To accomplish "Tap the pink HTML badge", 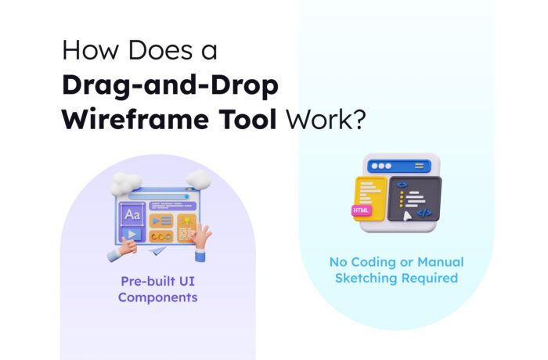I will click(x=362, y=211).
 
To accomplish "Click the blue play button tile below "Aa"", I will click(x=131, y=234).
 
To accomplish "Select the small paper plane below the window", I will click(x=158, y=252).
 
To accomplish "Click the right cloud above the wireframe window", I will click(x=197, y=180).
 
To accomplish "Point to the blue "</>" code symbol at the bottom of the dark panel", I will click(x=424, y=212).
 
